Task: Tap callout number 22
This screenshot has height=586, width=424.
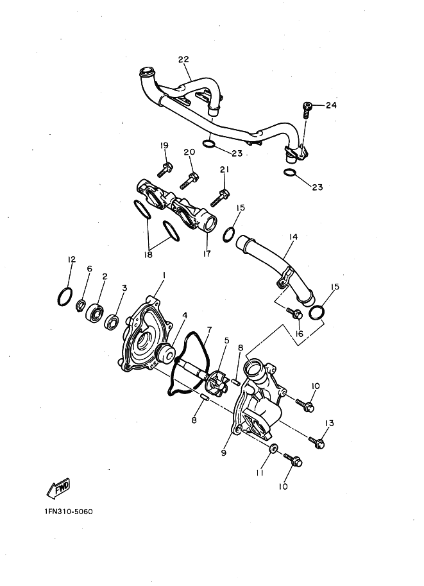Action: (183, 59)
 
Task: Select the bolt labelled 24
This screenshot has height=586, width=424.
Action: (307, 110)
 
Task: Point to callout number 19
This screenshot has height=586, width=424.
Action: (164, 146)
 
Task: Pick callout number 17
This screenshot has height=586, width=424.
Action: (207, 254)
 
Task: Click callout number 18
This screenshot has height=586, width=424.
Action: (148, 255)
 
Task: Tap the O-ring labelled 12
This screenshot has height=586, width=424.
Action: (65, 297)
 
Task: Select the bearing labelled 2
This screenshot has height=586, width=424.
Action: (96, 311)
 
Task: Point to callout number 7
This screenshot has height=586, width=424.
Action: (209, 330)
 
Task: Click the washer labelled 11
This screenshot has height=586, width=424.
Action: (273, 449)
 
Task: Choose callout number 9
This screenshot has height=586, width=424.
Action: (224, 452)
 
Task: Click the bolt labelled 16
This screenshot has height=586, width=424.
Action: (294, 313)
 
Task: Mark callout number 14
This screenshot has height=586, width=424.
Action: (293, 237)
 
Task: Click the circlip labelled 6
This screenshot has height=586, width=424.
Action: (81, 306)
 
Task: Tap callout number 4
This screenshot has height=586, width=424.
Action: (185, 315)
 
